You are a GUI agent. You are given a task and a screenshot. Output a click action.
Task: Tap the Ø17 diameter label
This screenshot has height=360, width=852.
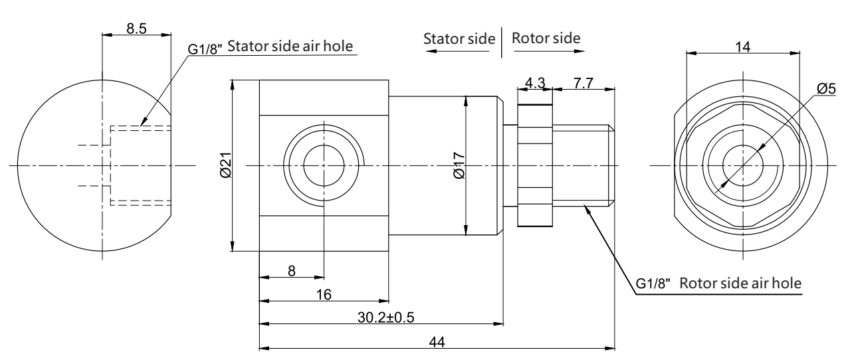pyautogui.click(x=459, y=165)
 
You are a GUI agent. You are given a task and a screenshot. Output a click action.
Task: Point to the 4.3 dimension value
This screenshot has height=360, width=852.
pyautogui.click(x=534, y=83)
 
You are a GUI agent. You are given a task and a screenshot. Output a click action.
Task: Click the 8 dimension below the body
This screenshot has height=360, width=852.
pyautogui.click(x=291, y=271)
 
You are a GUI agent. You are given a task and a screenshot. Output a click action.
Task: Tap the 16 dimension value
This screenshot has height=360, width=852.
pyautogui.click(x=323, y=294)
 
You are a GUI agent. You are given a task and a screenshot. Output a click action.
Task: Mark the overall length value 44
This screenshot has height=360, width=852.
pyautogui.click(x=437, y=340)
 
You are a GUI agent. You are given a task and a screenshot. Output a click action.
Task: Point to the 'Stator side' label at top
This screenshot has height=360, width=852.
pyautogui.click(x=460, y=39)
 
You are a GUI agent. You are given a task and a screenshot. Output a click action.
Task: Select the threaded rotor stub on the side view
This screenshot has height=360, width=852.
pyautogui.click(x=582, y=165)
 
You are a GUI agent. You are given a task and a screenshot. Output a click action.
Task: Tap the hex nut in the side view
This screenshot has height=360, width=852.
pyautogui.click(x=534, y=165)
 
